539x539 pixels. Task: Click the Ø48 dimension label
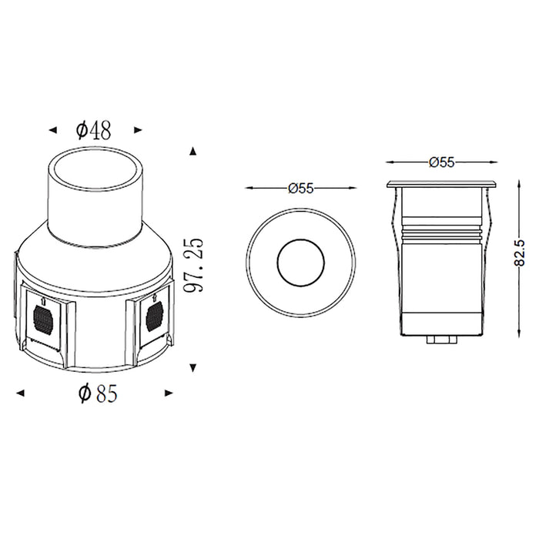(93, 130)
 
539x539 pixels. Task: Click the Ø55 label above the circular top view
(303, 187)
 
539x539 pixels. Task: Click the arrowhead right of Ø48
(138, 130)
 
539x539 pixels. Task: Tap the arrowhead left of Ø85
(21, 393)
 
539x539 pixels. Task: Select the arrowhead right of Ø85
(170, 393)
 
